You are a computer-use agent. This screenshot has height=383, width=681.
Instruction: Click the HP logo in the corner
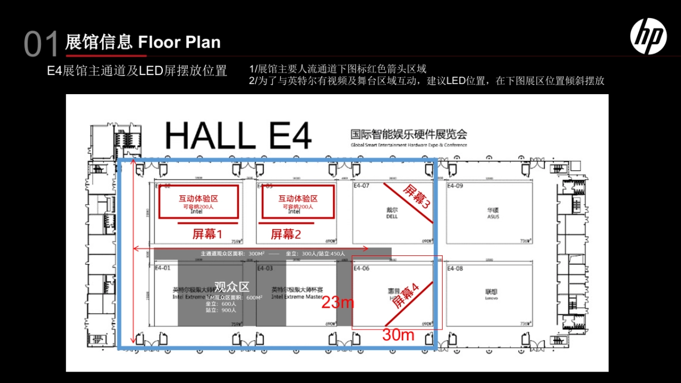tap(648, 36)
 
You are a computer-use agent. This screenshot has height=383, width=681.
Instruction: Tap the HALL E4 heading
tap(238, 136)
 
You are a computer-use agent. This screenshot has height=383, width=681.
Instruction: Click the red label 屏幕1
tap(207, 234)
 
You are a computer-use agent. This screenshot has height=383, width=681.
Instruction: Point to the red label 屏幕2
tap(285, 234)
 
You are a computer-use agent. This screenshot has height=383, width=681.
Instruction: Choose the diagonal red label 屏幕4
tap(406, 296)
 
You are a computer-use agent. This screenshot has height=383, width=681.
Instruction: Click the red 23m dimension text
tap(338, 303)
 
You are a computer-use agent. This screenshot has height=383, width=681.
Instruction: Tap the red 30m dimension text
tap(398, 335)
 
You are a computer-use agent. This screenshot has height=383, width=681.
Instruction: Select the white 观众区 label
tap(232, 287)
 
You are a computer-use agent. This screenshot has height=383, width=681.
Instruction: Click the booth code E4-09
tap(455, 186)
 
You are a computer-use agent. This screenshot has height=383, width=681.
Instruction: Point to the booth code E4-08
tap(455, 268)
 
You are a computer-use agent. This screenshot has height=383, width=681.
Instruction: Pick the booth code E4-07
tap(361, 186)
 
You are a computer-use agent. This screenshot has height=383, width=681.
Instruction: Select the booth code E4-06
tap(361, 268)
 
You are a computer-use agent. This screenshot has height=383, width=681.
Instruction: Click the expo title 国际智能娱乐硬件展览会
tap(409, 134)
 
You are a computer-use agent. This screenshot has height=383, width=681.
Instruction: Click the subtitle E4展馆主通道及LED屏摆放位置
tap(137, 71)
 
